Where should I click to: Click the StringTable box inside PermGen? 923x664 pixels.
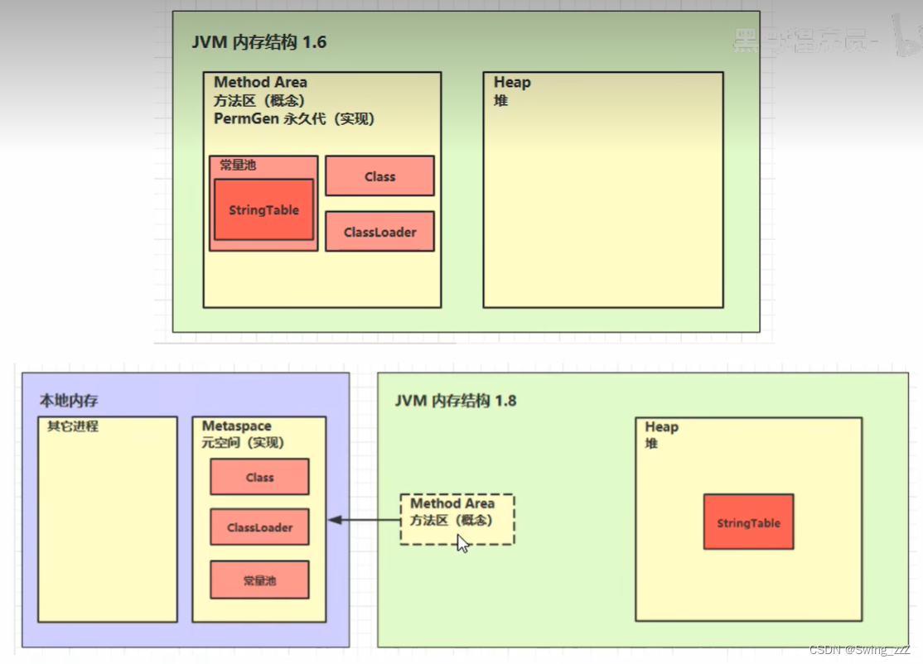tap(263, 210)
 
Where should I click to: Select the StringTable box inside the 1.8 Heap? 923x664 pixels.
tap(748, 522)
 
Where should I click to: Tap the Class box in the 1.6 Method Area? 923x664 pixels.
tap(379, 176)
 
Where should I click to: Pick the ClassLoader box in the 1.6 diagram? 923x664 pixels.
tap(379, 232)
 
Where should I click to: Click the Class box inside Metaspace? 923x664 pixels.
tap(259, 477)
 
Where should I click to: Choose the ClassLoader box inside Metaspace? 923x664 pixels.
tap(259, 527)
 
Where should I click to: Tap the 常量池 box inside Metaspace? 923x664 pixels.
tap(259, 580)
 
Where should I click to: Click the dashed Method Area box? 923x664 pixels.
tap(457, 519)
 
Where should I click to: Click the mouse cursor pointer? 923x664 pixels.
tap(462, 543)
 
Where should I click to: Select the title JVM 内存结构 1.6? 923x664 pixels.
tap(259, 42)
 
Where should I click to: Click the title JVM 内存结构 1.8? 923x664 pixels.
tap(455, 401)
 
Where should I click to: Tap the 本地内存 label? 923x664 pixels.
tap(69, 401)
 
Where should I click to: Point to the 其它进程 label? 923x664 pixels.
tap(73, 426)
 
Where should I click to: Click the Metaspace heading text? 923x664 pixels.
tap(237, 426)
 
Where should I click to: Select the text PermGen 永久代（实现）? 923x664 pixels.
tap(294, 119)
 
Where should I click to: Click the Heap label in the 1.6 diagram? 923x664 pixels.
tap(512, 83)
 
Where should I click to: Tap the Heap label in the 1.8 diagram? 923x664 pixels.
tap(661, 427)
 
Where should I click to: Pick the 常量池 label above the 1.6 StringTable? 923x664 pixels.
tap(238, 166)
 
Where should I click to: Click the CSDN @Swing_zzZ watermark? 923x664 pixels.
tap(859, 650)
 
